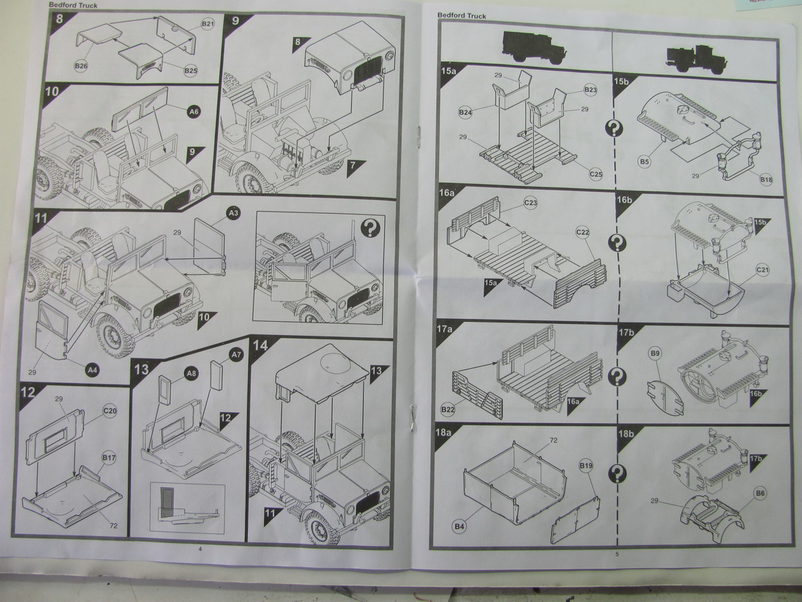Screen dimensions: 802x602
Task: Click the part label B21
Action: (208, 24)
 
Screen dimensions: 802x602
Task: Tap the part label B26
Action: (81, 66)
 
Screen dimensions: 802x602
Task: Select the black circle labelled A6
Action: (194, 112)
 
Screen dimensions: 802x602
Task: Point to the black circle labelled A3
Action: (233, 213)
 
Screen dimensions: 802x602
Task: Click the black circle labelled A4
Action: (92, 369)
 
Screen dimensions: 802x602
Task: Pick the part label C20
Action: (110, 411)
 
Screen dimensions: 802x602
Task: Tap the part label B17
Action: (109, 458)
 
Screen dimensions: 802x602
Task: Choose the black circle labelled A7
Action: (235, 354)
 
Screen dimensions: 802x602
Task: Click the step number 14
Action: (260, 346)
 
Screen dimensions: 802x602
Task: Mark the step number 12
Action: (28, 393)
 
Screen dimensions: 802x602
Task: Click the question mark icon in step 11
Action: (370, 228)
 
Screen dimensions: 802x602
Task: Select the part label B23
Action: (591, 90)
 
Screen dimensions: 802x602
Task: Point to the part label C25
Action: (596, 174)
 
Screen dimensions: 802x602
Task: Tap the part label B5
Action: (645, 162)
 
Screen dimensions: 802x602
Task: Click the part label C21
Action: (762, 270)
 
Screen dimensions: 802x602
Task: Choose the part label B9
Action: (655, 353)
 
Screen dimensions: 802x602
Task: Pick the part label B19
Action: (586, 466)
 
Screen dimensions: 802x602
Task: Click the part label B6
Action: (760, 493)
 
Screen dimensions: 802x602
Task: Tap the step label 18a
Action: (443, 433)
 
